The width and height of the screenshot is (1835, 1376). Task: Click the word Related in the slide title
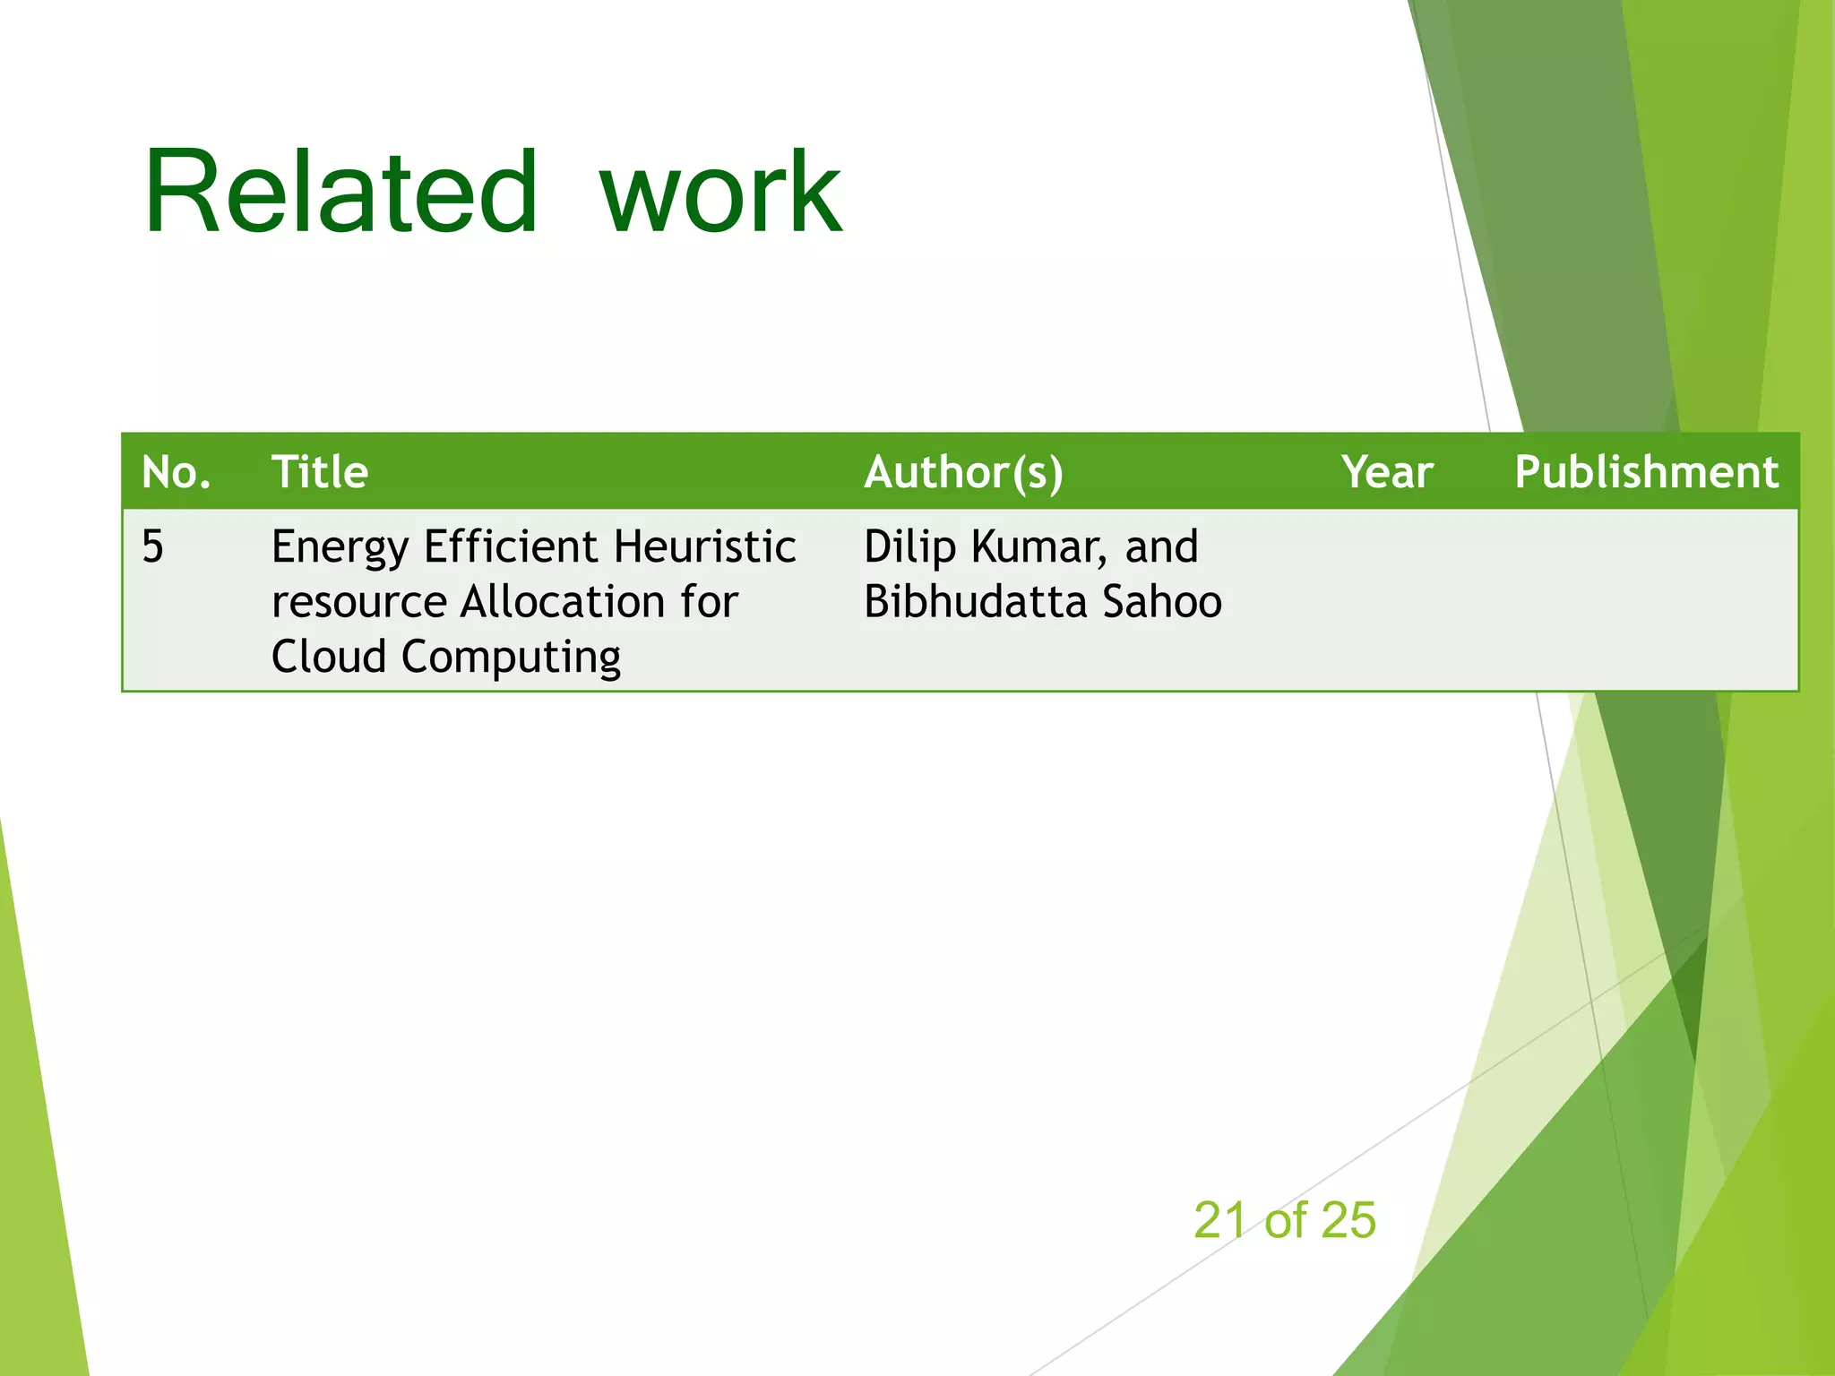pos(340,193)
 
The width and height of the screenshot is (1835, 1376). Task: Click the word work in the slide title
pos(720,193)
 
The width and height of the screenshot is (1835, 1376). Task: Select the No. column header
pos(176,472)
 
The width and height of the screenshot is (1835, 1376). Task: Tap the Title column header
pos(320,472)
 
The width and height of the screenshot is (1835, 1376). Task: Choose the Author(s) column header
pos(963,472)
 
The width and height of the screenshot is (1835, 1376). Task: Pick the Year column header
pos(1387,472)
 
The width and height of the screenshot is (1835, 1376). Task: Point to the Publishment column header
pos(1646,472)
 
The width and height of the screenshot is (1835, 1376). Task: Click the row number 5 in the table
pos(153,546)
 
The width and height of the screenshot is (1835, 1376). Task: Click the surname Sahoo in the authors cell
pos(1161,601)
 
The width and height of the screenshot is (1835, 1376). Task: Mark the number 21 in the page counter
pos(1219,1220)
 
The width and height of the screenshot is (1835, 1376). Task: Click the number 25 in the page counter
pos(1348,1220)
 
